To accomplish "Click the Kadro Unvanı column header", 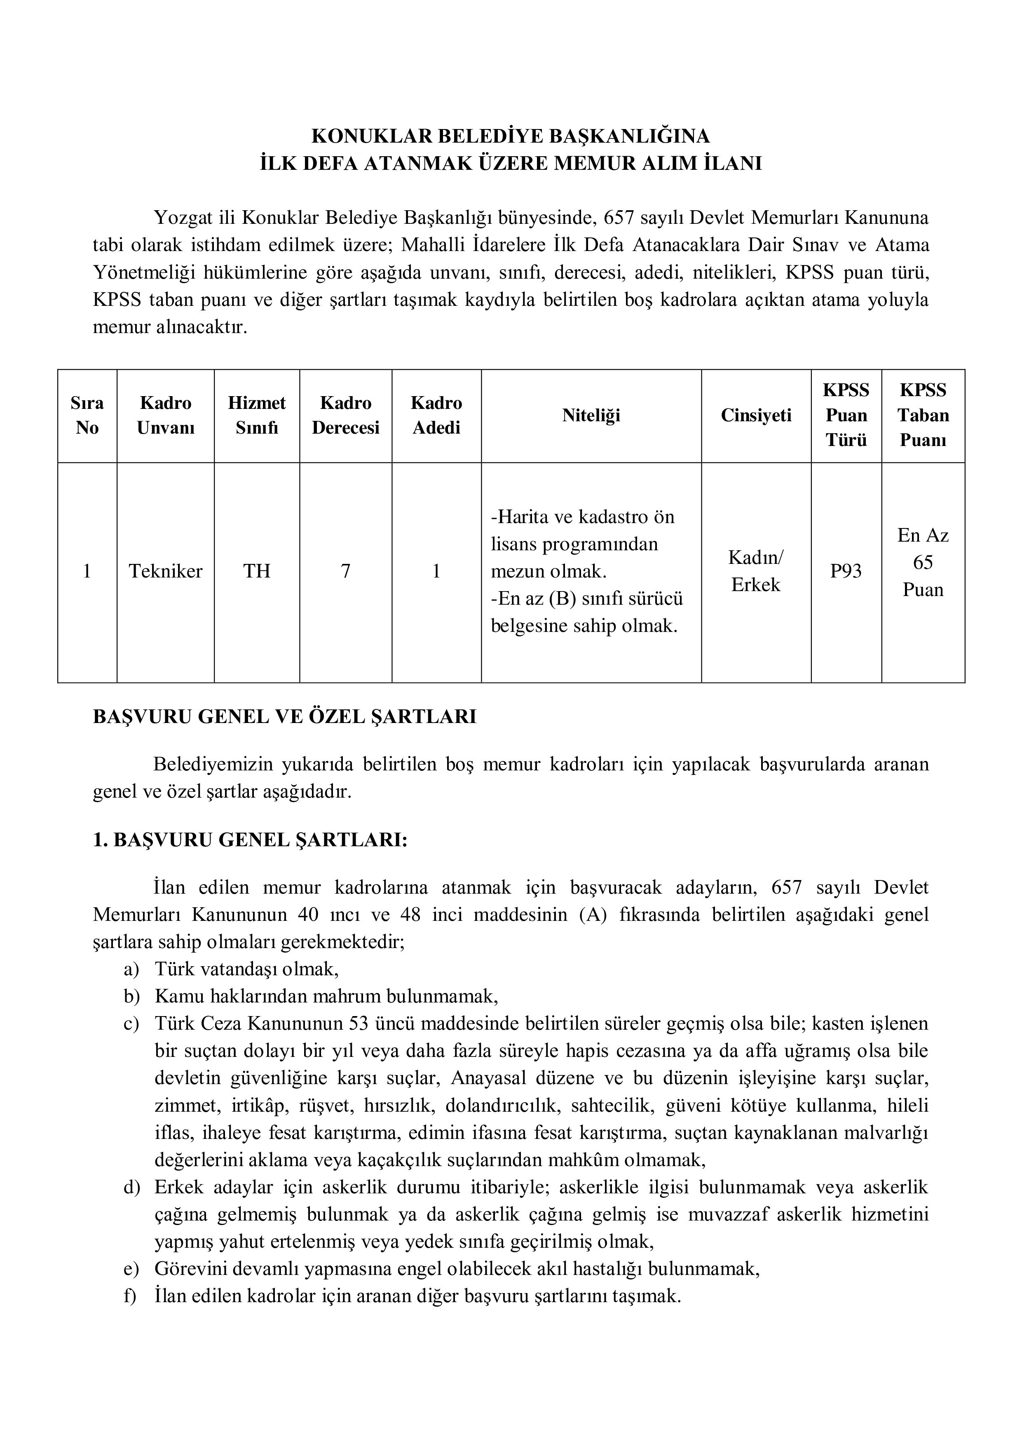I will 166,415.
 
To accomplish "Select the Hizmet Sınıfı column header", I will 257,415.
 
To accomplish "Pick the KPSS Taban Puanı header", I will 923,415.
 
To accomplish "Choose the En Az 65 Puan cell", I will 923,562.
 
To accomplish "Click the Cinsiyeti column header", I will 756,415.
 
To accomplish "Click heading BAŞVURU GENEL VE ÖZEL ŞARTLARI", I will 285,717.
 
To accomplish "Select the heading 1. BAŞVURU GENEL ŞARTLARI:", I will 250,840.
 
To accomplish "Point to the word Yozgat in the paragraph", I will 183,218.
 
